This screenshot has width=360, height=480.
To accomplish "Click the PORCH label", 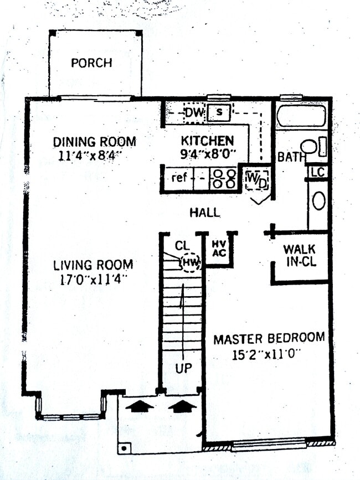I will [x=91, y=63].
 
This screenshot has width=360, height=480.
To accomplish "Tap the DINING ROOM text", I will [x=95, y=142].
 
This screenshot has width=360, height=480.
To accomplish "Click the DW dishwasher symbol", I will [x=194, y=113].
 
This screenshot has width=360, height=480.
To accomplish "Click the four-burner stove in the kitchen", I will [x=224, y=179].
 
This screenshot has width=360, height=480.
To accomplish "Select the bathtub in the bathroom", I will [x=302, y=117].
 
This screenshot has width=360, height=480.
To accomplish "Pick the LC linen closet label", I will [x=317, y=172].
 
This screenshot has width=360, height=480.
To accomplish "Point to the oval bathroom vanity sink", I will [x=319, y=200].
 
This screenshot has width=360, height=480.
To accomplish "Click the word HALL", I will [x=204, y=212].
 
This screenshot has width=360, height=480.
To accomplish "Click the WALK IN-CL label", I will [x=300, y=255].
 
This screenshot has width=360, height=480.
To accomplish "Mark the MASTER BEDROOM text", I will [x=269, y=338].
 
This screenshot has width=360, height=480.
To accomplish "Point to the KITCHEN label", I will [x=207, y=141].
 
